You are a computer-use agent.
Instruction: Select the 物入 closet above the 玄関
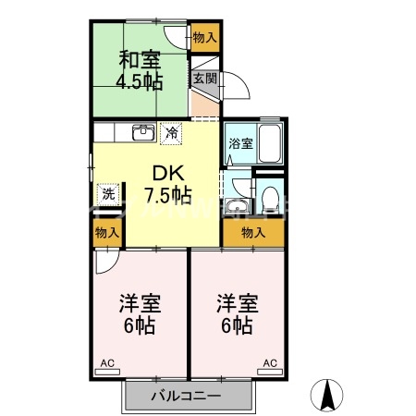204,38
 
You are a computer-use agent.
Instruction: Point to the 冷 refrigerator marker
171,132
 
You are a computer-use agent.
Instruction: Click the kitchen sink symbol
142,132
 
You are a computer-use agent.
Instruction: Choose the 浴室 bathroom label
239,144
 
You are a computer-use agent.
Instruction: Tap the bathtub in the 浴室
270,143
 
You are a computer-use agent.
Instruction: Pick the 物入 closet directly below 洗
107,233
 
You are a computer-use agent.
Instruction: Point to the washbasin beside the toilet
239,206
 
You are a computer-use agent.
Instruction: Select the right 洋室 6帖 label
237,314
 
